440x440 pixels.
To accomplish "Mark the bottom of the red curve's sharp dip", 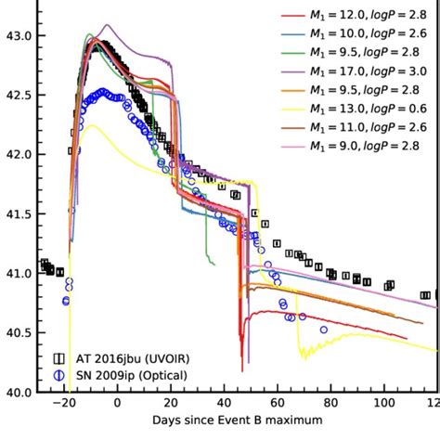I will [x=239, y=345].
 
